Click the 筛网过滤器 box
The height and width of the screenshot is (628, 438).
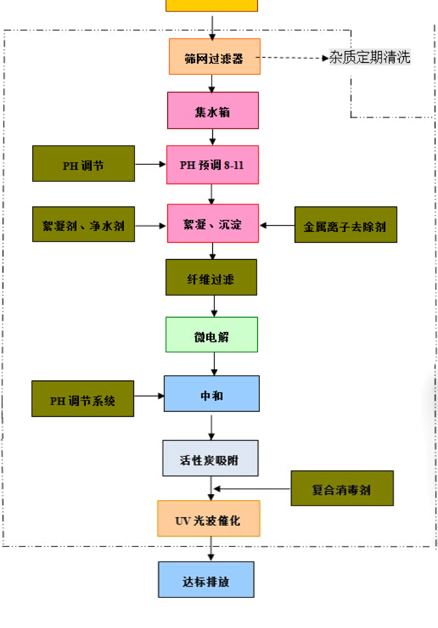pos(214,57)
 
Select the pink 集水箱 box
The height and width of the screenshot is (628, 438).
pos(213,110)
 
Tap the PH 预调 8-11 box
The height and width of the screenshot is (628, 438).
pos(213,165)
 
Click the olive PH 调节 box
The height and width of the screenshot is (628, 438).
pos(84,164)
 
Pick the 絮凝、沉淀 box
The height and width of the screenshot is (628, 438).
pos(213,223)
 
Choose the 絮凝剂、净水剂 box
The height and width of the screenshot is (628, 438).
pos(84,224)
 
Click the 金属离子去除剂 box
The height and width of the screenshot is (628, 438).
pos(345,225)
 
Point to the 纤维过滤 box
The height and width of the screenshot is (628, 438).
pos(211,277)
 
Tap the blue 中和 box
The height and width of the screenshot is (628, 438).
pos(211,394)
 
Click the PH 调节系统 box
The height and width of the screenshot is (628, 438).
pos(82,399)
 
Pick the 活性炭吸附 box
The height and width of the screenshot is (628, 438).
pos(210,458)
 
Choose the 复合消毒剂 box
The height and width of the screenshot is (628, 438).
pos(342,488)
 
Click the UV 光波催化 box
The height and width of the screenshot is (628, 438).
pos(208,519)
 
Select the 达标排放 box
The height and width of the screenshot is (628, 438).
pos(206,580)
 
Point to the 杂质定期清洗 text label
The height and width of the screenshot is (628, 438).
pos(370,57)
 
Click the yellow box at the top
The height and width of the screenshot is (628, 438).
pos(211,5)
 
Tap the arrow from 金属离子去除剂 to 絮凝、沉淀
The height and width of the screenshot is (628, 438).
pos(277,225)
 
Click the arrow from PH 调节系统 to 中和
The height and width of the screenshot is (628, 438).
pos(149,396)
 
